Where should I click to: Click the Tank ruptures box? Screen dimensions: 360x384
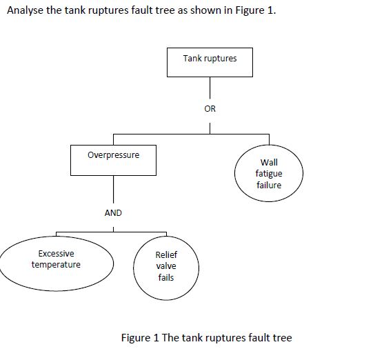(x=210, y=61)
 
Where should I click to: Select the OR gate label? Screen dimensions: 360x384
(x=210, y=108)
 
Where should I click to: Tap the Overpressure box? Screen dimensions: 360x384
(x=113, y=159)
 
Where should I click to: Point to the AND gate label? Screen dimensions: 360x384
(x=113, y=213)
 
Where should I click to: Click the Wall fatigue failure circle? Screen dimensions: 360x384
(x=268, y=174)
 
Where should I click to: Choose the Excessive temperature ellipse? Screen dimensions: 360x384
(x=56, y=263)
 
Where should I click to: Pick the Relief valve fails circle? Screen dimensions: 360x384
(x=165, y=266)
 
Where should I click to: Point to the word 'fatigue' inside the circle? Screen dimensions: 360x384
(x=269, y=174)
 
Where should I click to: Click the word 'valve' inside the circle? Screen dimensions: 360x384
(x=166, y=266)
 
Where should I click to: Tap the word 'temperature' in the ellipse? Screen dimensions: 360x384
(x=56, y=265)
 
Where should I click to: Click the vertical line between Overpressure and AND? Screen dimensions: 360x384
(x=113, y=190)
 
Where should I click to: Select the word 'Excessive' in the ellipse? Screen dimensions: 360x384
(x=56, y=254)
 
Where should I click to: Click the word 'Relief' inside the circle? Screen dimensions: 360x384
(x=166, y=255)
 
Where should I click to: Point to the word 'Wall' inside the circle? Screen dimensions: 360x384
(x=269, y=163)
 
